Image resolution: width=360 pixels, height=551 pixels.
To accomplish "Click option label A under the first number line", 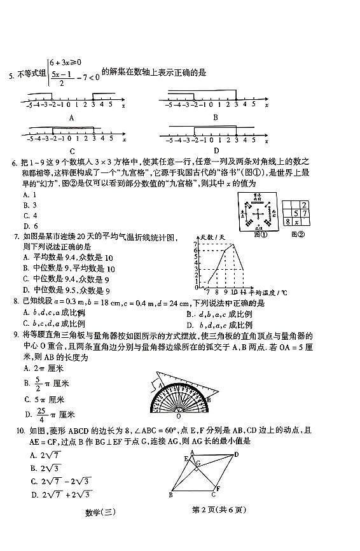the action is (x=72, y=117).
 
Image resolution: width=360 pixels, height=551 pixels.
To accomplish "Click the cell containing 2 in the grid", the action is (x=304, y=204).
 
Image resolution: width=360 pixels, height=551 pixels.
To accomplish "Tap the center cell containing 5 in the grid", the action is (x=296, y=213).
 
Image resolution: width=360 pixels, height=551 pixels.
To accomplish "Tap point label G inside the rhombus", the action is (x=198, y=463).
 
